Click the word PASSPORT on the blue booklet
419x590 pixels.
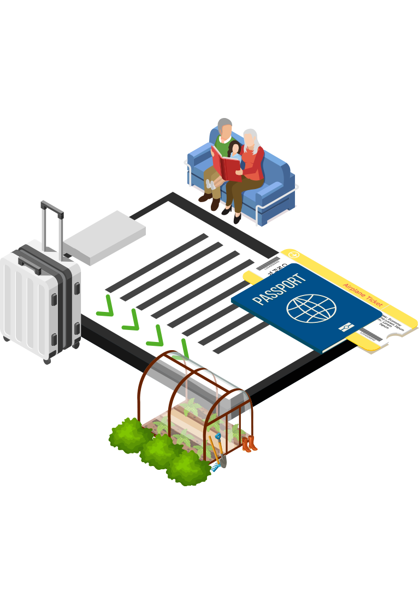pos(279,290)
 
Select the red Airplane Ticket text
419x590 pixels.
pos(363,294)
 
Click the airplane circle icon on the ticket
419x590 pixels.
pos(293,255)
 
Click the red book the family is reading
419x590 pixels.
pos(227,164)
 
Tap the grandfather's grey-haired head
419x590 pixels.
pos(225,127)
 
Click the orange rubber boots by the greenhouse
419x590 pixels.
pos(249,444)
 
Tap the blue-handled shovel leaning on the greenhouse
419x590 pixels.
pos(221,453)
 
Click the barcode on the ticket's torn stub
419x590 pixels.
pos(371,334)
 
